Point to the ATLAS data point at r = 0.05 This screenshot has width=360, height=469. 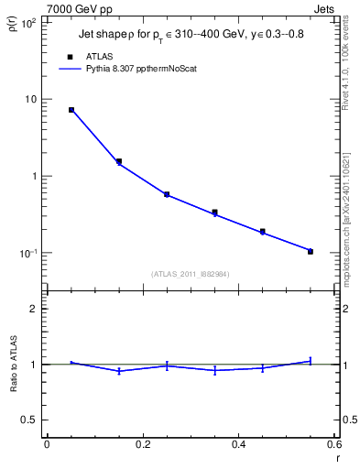(71, 110)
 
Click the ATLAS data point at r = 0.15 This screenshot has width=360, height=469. (119, 161)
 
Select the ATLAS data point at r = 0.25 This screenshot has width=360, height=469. (167, 194)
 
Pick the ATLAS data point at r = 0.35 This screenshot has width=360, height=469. (214, 213)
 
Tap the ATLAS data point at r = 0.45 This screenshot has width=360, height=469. (263, 232)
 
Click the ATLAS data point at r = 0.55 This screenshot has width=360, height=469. (311, 251)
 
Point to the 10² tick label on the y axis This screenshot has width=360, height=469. (27, 22)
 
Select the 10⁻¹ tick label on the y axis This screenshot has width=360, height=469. (27, 253)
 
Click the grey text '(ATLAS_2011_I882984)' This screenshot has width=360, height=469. (190, 274)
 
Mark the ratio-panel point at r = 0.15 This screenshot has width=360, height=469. (119, 371)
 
